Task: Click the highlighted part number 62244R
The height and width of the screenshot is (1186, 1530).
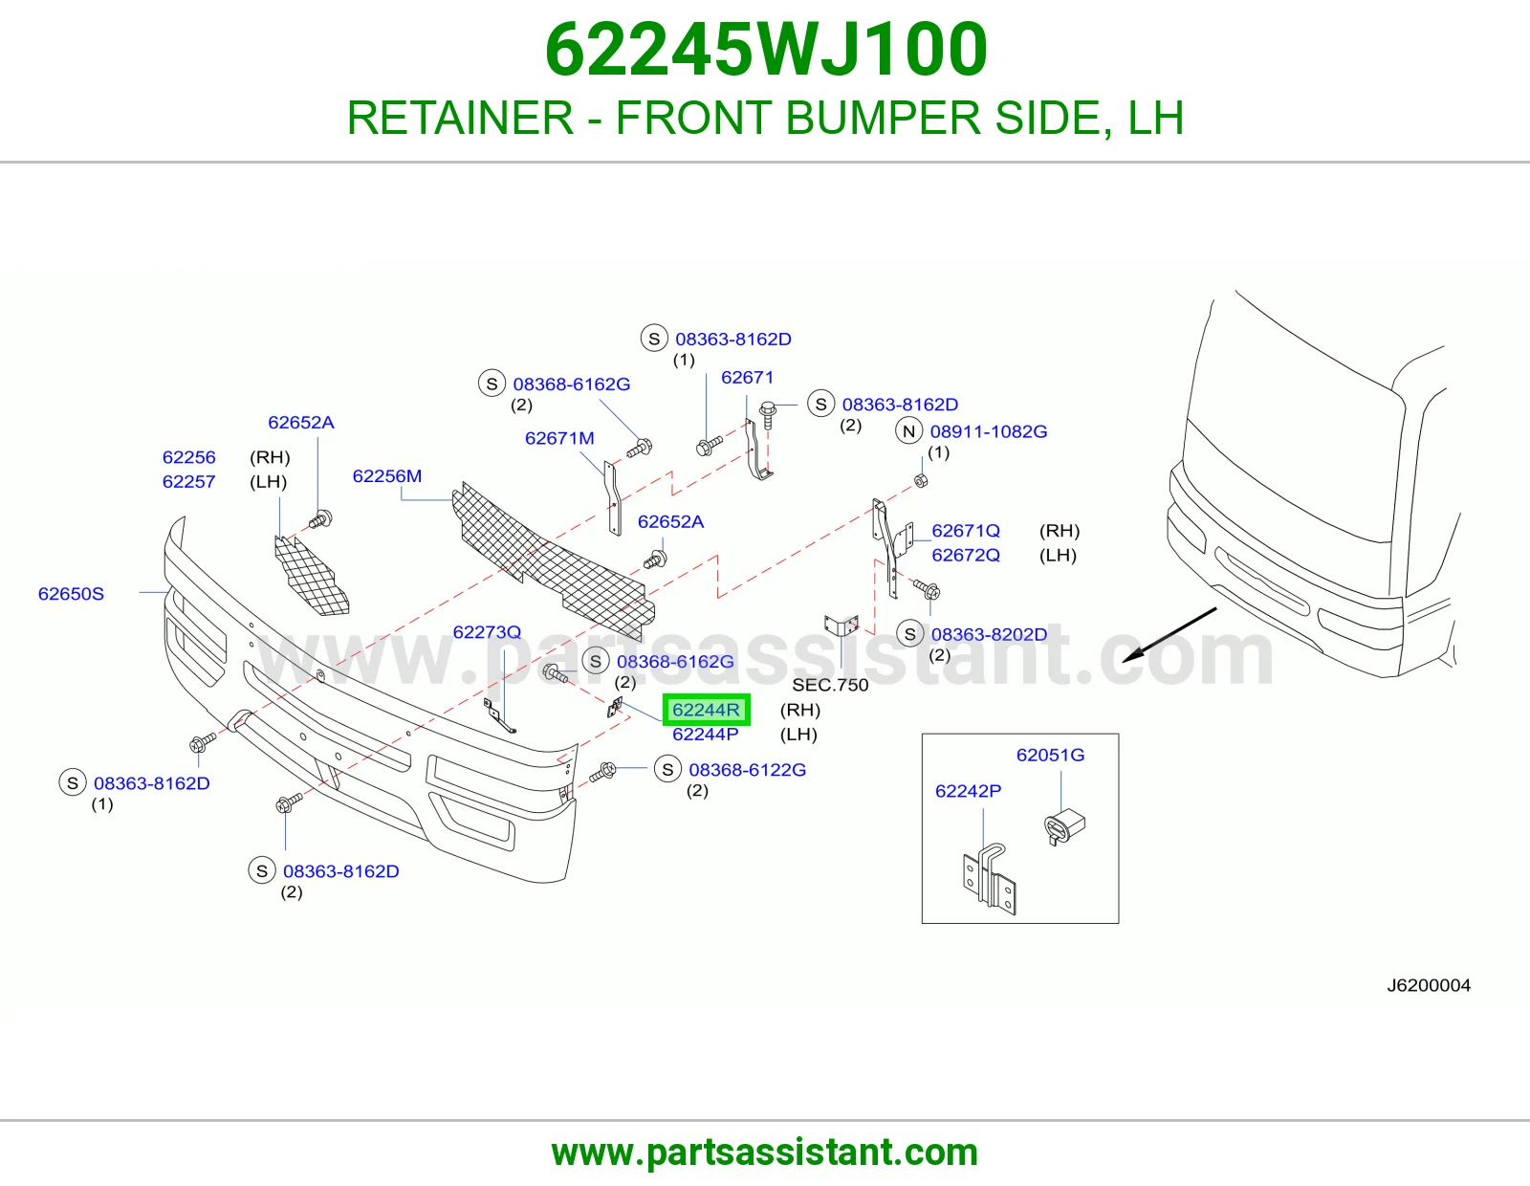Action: [x=706, y=709]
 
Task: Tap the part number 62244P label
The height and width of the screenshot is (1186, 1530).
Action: [x=706, y=735]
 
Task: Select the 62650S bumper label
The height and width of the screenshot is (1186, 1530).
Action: [x=71, y=594]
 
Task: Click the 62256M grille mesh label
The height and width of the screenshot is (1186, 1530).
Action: [x=387, y=476]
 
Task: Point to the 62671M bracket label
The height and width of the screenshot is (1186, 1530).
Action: [x=559, y=438]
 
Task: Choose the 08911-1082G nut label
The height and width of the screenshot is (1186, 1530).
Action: [x=989, y=431]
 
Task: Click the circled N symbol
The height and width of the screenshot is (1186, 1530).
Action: [x=909, y=431]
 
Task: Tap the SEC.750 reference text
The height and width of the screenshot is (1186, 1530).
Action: [x=830, y=685]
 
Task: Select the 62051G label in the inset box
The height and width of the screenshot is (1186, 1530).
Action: [x=1051, y=755]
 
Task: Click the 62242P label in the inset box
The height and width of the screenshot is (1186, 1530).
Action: [x=968, y=791]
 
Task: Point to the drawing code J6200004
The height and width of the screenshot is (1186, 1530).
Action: [x=1429, y=985]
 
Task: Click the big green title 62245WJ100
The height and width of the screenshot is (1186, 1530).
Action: [x=766, y=50]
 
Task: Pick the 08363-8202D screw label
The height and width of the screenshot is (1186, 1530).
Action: [x=990, y=634]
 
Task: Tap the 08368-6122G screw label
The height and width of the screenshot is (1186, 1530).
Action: [x=747, y=770]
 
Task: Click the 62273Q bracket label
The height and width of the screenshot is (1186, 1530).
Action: [x=488, y=631]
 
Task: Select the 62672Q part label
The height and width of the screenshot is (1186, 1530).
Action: [x=966, y=555]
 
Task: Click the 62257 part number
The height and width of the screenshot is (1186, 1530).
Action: [x=188, y=482]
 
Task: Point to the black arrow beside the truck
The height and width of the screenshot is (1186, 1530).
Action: [x=1169, y=634]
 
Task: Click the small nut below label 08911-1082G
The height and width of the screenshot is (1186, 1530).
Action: [x=920, y=480]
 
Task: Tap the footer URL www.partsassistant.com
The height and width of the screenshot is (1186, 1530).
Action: [x=765, y=1153]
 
